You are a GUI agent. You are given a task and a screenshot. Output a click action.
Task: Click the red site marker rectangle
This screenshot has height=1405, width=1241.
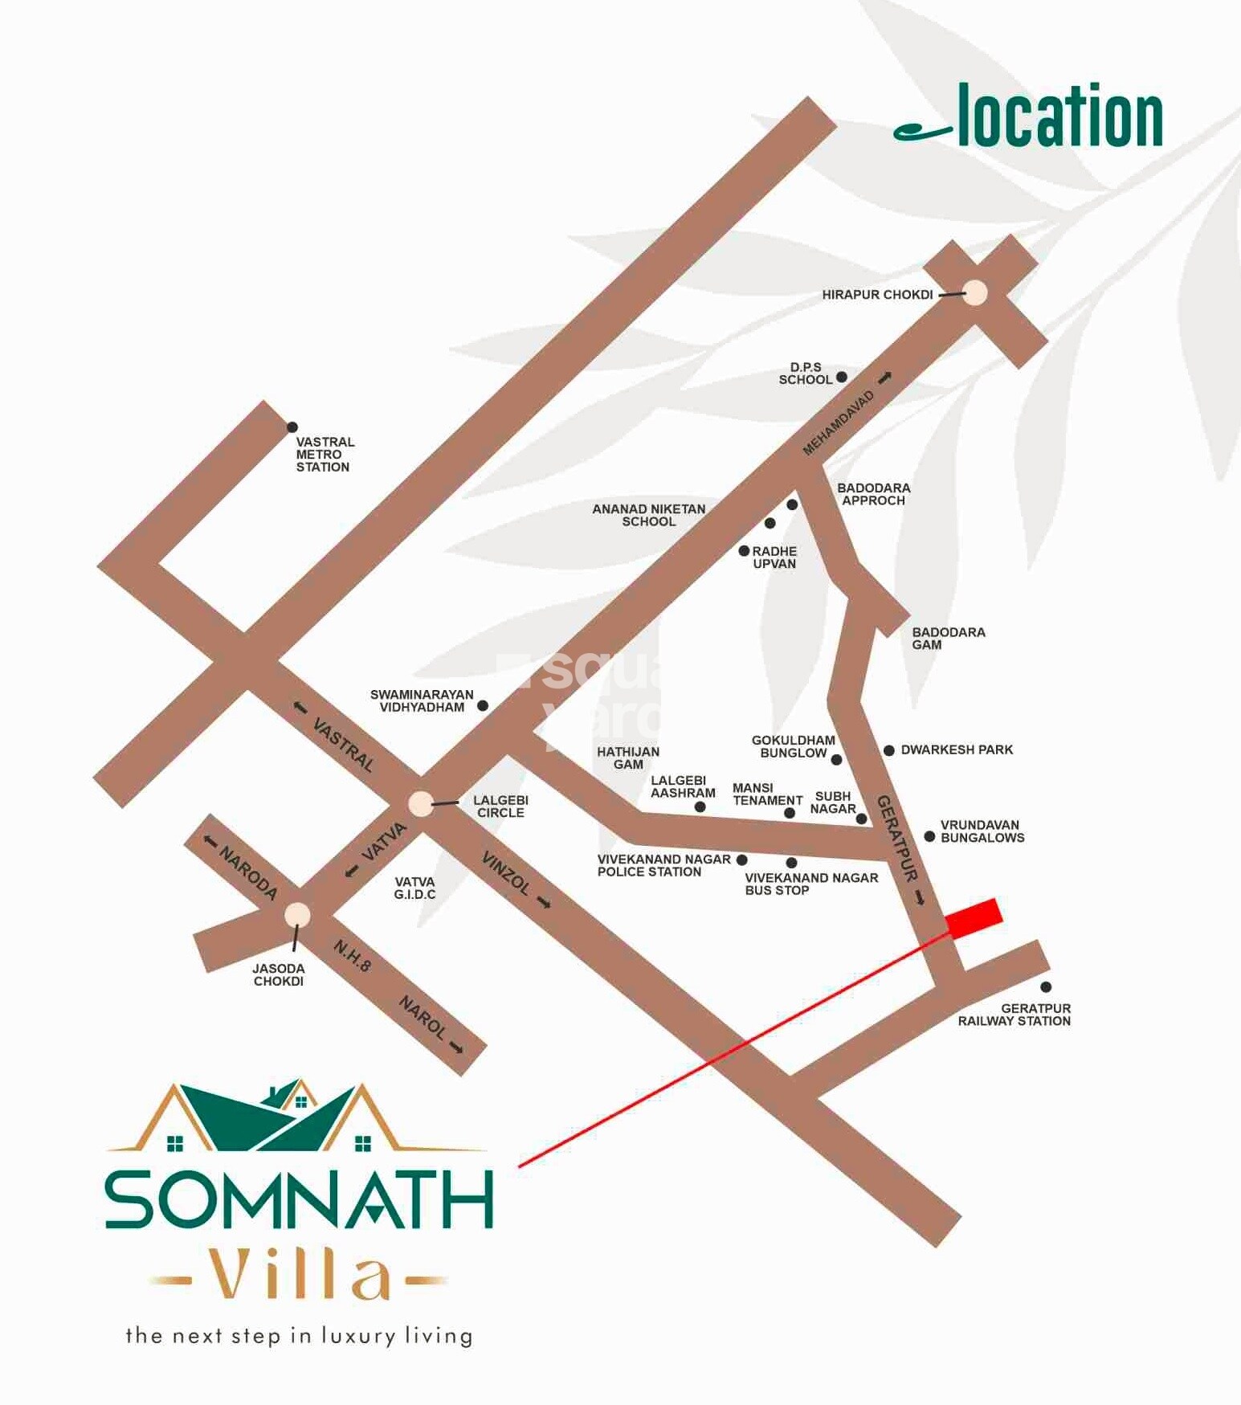974,917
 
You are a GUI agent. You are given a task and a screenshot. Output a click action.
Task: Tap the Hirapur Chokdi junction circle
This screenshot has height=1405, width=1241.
974,293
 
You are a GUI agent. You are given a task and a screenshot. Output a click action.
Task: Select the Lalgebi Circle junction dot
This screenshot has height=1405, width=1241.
420,803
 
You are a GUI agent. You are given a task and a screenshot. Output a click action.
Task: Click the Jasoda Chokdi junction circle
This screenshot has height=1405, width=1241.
297,915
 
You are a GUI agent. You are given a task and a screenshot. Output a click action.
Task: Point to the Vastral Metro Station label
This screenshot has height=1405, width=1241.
325,455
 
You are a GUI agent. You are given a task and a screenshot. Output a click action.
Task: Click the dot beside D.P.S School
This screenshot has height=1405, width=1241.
841,377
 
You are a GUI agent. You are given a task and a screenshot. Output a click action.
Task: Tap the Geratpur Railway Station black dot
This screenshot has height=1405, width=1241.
1045,987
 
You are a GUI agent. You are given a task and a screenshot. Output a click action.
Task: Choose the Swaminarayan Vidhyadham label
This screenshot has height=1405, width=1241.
422,700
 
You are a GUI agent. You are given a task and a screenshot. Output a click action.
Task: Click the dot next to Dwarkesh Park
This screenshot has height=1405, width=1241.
888,750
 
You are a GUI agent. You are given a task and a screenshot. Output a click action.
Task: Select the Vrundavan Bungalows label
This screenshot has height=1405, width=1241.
982,831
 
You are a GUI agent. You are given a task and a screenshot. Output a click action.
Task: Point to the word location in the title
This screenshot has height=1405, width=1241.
1059,117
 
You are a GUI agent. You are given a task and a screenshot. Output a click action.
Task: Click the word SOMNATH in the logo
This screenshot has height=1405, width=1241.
298,1200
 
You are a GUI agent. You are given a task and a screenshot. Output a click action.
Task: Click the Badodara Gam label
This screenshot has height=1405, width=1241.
948,639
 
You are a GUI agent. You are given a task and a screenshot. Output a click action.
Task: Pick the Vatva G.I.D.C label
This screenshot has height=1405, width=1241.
414,888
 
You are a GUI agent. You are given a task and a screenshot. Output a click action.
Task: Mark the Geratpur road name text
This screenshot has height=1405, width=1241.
896,839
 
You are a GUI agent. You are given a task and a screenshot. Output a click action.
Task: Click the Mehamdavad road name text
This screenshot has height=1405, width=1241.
838,423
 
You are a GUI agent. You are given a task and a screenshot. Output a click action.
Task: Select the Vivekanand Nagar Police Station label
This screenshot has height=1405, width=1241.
663,865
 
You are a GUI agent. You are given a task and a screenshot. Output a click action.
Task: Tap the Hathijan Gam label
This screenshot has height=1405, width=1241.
627,758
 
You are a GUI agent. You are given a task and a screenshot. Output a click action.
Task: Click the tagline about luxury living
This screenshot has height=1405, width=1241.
299,1336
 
